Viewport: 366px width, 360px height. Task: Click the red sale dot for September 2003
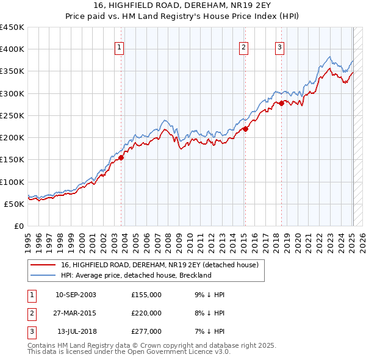point(121,157)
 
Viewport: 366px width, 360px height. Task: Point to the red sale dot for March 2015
point(245,129)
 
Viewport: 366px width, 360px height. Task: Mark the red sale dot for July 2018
point(281,104)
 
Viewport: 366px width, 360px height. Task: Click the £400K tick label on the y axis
point(12,49)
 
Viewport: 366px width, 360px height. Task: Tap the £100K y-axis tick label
point(12,182)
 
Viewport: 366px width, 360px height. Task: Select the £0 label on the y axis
point(19,226)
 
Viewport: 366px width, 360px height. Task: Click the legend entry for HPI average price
point(135,275)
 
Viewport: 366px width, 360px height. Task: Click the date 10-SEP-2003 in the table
point(76,295)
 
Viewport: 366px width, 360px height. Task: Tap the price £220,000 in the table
point(146,313)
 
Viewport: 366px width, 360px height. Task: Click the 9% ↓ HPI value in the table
point(209,295)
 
